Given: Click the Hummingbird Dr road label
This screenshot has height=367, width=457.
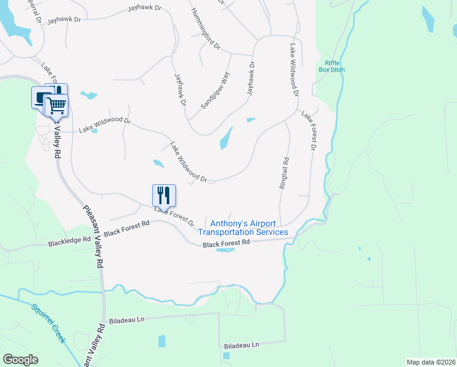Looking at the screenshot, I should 205,29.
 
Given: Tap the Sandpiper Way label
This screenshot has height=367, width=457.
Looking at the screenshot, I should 216,91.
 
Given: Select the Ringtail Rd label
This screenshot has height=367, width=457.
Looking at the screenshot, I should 284,172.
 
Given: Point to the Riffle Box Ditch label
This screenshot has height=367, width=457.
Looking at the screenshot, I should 332,66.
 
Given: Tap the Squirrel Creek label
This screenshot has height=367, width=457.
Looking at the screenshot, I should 48,322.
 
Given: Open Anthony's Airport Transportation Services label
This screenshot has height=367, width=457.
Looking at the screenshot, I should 243,228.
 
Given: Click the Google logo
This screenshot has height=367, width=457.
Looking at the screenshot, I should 20,360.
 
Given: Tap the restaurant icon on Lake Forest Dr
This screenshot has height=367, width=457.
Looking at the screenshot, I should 164,195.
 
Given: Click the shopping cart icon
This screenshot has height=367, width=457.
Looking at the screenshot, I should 56,105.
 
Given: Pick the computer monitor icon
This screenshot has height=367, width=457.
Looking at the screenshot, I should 40,98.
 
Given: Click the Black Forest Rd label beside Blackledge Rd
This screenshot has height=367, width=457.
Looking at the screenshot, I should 126,229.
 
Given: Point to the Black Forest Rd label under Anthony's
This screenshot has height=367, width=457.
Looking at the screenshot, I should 227,243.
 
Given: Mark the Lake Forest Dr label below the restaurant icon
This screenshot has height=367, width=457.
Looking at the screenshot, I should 174,217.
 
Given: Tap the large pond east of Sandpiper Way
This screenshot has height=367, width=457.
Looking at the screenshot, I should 226,138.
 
